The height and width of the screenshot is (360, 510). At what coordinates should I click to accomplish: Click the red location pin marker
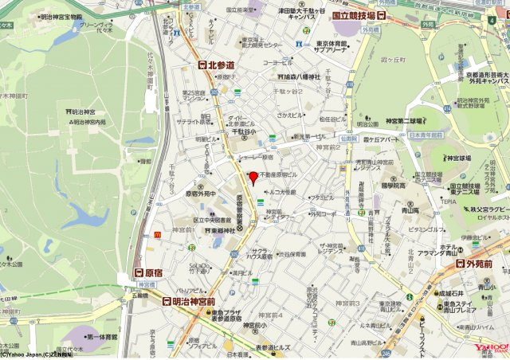point(253,177)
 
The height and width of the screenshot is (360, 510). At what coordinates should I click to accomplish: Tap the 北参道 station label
point(217,65)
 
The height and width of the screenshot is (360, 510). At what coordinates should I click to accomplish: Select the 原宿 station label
point(148,272)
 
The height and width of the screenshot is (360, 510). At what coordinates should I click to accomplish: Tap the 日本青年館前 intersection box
point(427,135)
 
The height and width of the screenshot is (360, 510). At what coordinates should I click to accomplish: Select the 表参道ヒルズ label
point(275,348)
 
